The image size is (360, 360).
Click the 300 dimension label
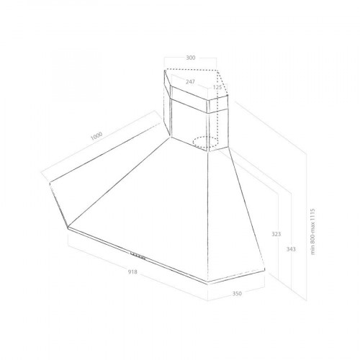pyautogui.click(x=191, y=58)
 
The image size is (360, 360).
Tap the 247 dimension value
pyautogui.click(x=190, y=82)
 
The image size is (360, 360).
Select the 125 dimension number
pyautogui.click(x=217, y=87)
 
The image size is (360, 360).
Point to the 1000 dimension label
pyautogui.click(x=96, y=136)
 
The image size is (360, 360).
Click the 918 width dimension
pyautogui.click(x=132, y=271)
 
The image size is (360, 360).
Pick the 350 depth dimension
pyautogui.click(x=237, y=293)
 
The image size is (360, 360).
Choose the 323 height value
pyautogui.click(x=276, y=234)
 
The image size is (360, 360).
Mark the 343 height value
pyautogui.click(x=291, y=249)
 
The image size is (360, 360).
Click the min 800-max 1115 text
pyautogui.click(x=312, y=232)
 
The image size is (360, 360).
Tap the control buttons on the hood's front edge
pyautogui.click(x=138, y=256)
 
